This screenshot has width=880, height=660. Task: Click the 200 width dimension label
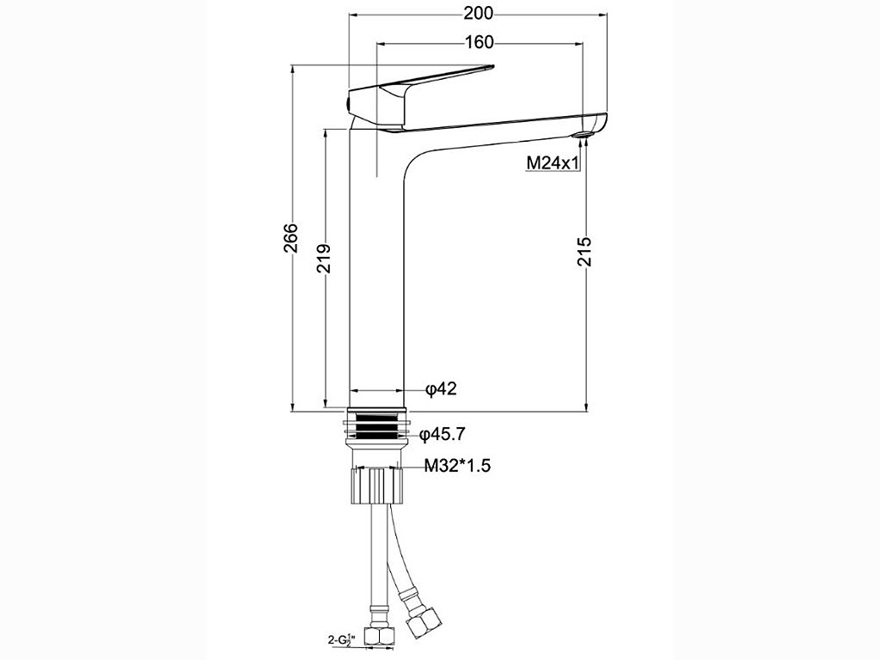click(x=478, y=13)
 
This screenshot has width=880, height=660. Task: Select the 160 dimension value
click(x=479, y=42)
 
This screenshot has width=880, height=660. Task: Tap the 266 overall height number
click(x=290, y=237)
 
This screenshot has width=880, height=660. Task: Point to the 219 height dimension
click(x=323, y=258)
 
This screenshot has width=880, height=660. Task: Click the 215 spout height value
click(x=584, y=251)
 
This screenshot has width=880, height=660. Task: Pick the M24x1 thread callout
click(x=553, y=162)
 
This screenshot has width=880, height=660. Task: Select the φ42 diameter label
click(x=441, y=388)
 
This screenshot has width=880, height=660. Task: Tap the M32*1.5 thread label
click(x=457, y=465)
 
